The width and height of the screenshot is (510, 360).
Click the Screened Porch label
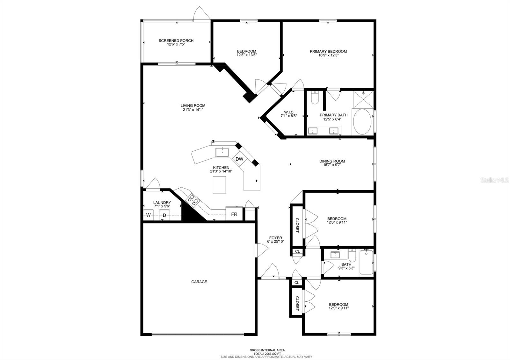click(176, 41)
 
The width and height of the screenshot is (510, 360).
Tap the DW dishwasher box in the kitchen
click(239, 159)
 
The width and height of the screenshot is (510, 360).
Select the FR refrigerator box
click(234, 214)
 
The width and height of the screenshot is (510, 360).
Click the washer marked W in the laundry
click(148, 215)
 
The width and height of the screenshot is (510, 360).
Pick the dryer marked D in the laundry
click(164, 215)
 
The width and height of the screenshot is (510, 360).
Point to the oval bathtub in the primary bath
click(362, 121)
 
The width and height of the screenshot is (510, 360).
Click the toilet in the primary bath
click(315, 97)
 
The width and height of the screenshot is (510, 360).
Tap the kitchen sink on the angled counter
click(222, 152)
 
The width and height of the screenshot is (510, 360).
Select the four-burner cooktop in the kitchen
click(193, 200)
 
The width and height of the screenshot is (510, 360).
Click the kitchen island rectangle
click(220, 184)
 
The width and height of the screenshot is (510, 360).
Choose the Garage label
click(199, 282)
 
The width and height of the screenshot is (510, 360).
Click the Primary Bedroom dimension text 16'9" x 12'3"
click(328, 55)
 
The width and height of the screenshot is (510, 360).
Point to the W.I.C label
click(289, 112)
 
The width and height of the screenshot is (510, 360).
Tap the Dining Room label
click(332, 161)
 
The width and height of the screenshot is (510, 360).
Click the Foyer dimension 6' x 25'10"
click(275, 241)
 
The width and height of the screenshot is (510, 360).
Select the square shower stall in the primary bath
click(363, 99)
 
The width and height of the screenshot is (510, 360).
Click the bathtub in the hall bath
click(366, 262)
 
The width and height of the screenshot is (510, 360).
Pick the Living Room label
click(193, 105)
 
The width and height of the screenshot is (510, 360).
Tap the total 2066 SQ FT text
click(267, 354)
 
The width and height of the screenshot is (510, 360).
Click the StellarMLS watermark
click(494, 180)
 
